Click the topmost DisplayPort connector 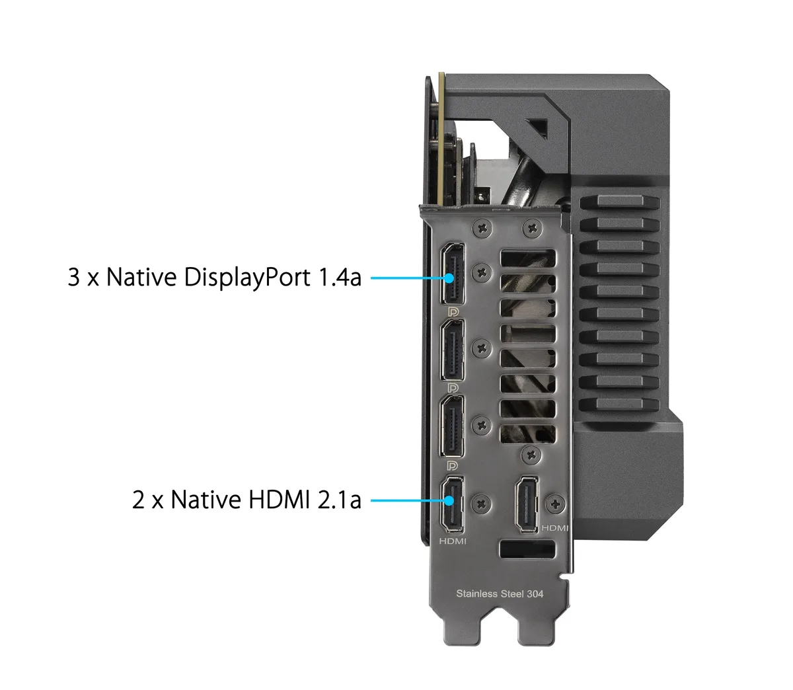pos(452,274)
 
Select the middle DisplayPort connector pos(452,350)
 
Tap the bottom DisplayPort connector pos(452,426)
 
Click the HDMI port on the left pos(451,504)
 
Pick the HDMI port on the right pos(527,504)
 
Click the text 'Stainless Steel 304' pos(500,594)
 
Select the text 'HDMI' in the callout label pos(279,499)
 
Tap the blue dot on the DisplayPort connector pos(449,278)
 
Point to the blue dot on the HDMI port pos(449,500)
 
